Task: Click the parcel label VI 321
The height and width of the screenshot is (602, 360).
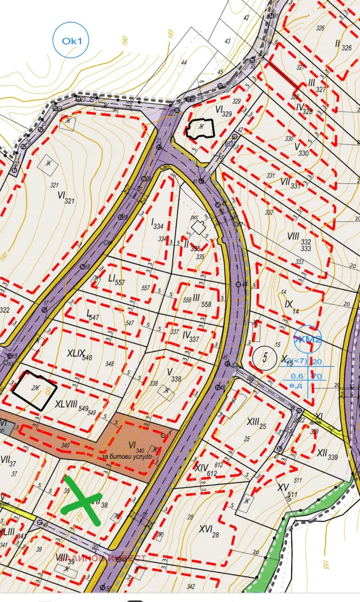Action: [65, 196]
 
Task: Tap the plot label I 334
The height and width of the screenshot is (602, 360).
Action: [157, 223]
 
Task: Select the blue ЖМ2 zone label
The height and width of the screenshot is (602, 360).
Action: [308, 339]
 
